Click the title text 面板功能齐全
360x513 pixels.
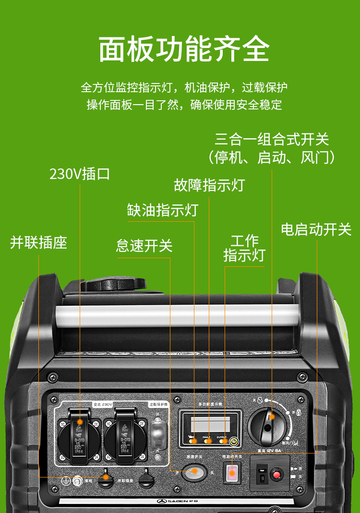coord(184,49)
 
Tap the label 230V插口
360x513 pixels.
coord(80,174)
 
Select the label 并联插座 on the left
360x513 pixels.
coord(38,242)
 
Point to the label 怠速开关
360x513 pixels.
coord(144,246)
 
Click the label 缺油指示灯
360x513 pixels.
coord(162,210)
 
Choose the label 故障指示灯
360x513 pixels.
coord(209,185)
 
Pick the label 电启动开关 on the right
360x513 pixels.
coord(316,229)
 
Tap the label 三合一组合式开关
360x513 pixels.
coord(272,139)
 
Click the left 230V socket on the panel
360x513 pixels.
coord(79,436)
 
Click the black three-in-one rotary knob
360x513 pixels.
coord(268,425)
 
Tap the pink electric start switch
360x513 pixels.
coord(232,473)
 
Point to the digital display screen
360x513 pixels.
coord(210,424)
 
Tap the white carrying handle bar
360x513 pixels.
coord(178,315)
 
